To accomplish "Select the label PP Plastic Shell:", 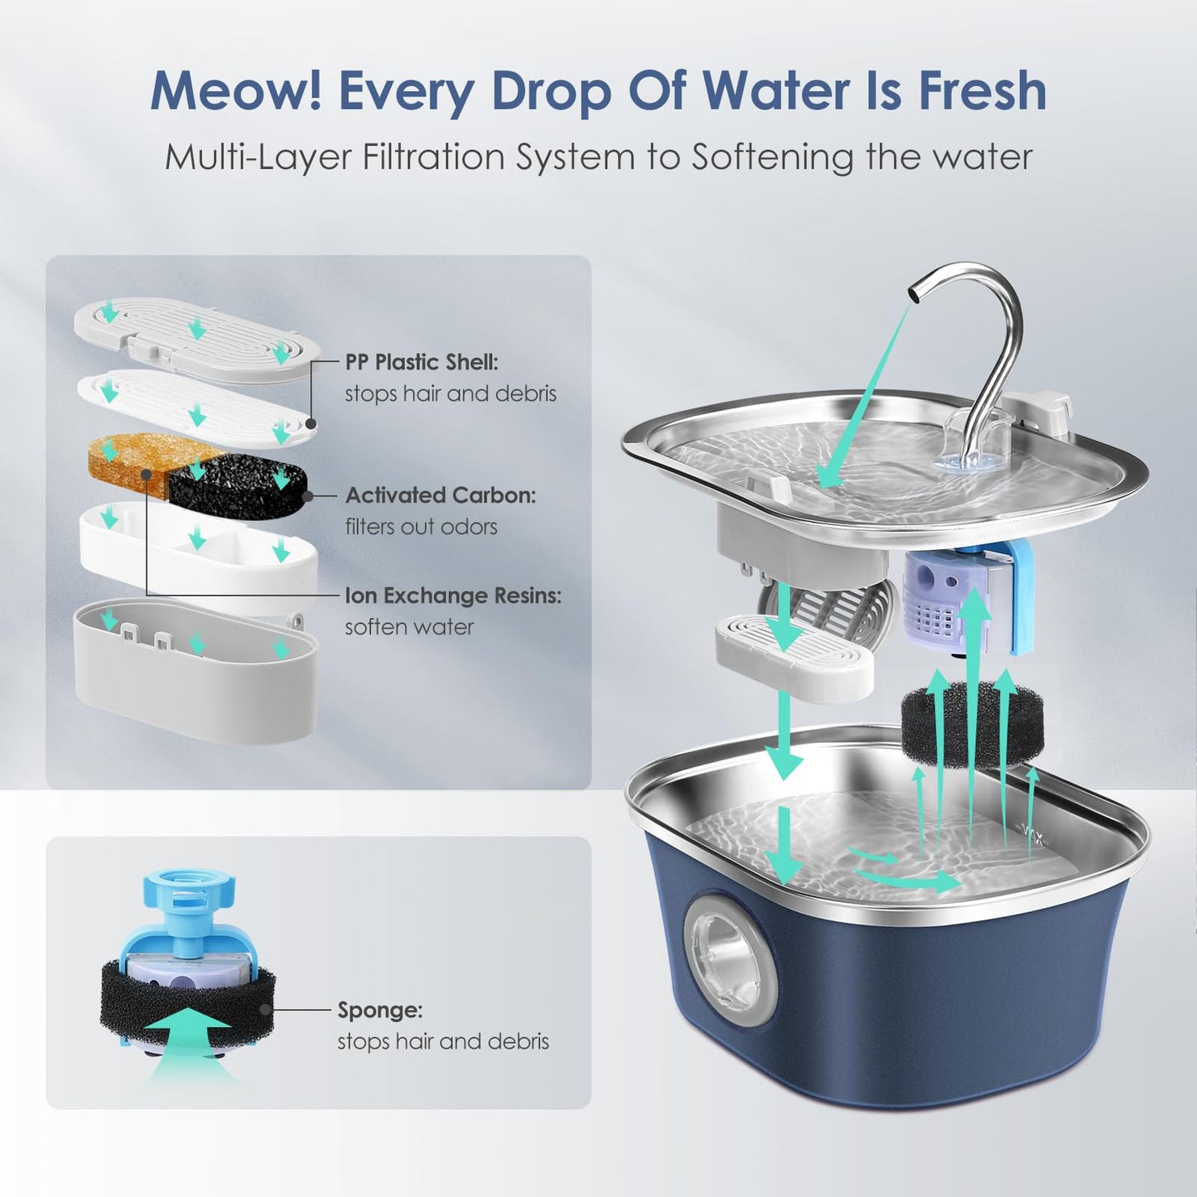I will (422, 362).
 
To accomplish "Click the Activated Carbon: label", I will (440, 495).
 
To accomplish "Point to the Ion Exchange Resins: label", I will (452, 596).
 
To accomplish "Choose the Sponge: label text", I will (379, 1010).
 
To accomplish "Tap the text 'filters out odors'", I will (421, 527).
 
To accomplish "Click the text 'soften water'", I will (409, 627).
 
